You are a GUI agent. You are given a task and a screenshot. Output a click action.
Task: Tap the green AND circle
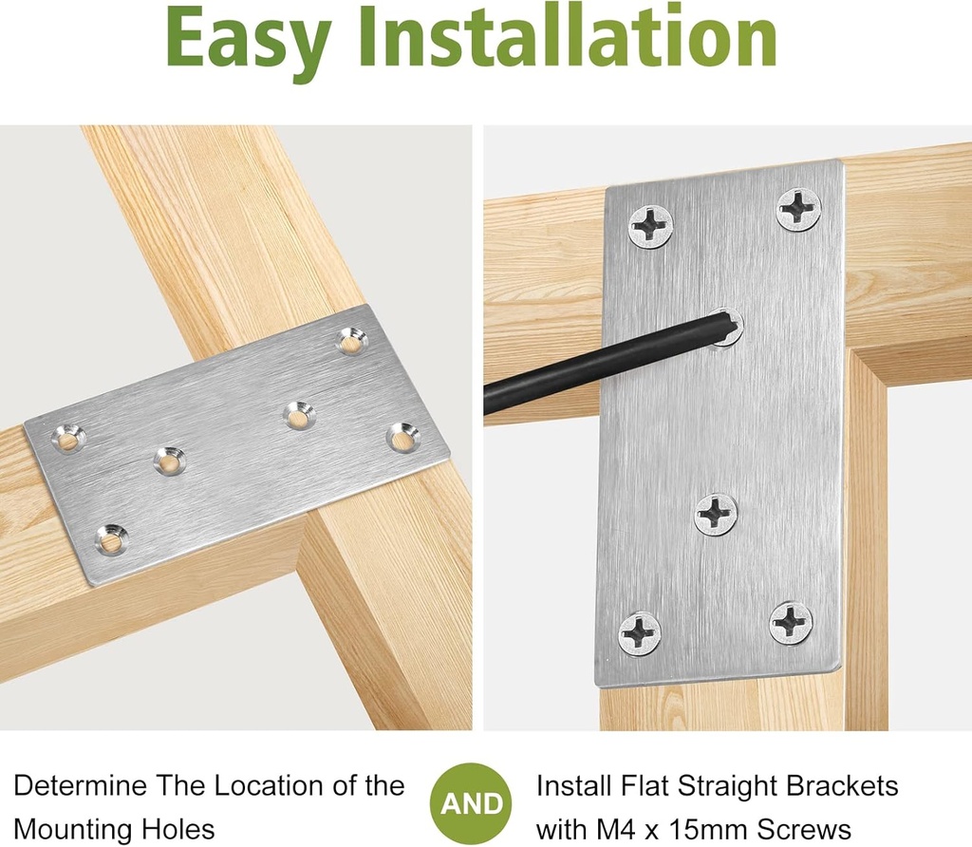tap(472, 804)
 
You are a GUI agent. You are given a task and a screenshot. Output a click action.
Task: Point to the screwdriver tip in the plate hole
tap(725, 328)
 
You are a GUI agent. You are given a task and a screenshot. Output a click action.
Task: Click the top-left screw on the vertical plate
tap(650, 227)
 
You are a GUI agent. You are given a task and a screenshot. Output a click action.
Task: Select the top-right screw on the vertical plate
tap(798, 209)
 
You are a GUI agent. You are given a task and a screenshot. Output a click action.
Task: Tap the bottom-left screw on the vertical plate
tap(640, 632)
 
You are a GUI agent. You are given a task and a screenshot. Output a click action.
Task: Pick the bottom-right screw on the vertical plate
tap(791, 623)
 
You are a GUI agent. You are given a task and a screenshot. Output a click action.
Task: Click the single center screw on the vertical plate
tap(716, 514)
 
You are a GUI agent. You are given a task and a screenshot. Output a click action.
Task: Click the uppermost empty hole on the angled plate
tap(352, 341)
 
